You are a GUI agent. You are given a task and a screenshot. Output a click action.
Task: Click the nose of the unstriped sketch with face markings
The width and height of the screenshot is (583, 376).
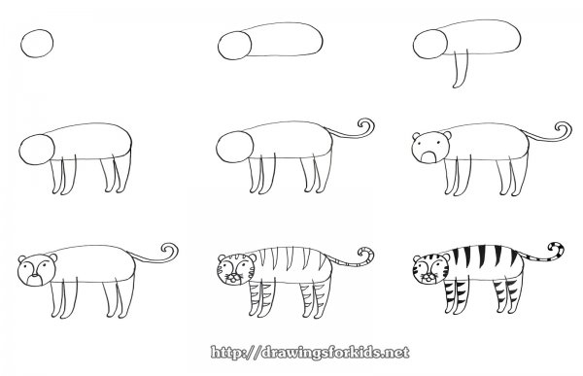[34, 276]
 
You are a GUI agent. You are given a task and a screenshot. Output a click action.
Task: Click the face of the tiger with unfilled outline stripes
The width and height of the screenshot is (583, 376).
[236, 270]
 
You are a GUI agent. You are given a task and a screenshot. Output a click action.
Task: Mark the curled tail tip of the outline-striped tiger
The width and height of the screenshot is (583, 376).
[365, 256]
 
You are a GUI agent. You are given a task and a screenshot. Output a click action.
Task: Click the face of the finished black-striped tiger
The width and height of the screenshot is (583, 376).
[430, 270]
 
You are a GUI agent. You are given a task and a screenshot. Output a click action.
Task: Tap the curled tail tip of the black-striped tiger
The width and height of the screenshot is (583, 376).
[556, 250]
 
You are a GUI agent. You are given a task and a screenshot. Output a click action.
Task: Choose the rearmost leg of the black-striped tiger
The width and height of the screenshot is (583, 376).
[518, 293]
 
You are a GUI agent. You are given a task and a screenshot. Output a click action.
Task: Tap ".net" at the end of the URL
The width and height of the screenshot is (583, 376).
[396, 353]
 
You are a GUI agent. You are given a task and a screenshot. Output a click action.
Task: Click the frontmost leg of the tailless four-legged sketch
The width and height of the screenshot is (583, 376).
[55, 176]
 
